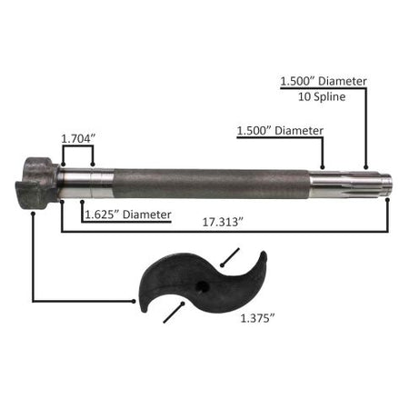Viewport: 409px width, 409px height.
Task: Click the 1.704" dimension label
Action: pos(78,139)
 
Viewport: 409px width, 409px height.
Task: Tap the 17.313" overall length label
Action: pos(223,222)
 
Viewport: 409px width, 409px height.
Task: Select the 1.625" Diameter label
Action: pos(128,214)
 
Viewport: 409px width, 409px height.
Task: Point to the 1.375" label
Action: pos(257,318)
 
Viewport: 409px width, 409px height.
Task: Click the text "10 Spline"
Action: pos(322,96)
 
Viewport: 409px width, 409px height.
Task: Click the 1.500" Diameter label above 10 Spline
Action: pos(324,81)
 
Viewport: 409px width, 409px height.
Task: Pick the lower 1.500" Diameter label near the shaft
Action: pos(280,131)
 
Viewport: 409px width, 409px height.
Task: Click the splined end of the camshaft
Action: pos(351,185)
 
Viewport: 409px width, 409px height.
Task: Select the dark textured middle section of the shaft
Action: pos(212,184)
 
